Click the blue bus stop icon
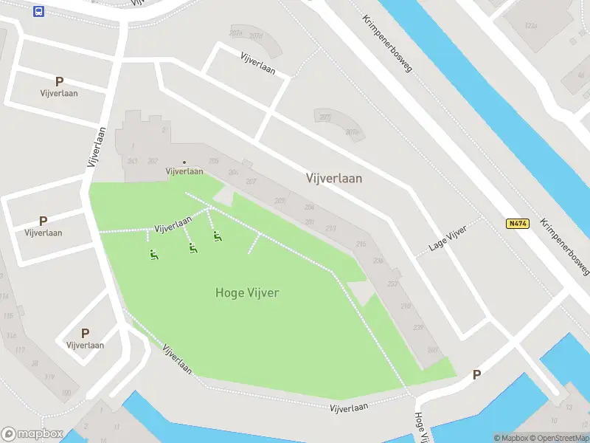(38, 11)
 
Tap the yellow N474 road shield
(518, 223)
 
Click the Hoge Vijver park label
(247, 292)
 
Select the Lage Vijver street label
(448, 240)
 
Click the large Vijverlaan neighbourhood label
(333, 178)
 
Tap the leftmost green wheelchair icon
(153, 255)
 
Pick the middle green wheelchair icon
(192, 248)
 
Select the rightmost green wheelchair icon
(217, 236)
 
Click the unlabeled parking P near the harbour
(476, 375)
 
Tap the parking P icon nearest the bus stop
(59, 81)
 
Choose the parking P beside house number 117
(85, 333)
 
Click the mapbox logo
(32, 434)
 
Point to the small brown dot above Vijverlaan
(184, 162)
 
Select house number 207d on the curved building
(256, 36)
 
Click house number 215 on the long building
(361, 244)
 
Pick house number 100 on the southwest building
(67, 392)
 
